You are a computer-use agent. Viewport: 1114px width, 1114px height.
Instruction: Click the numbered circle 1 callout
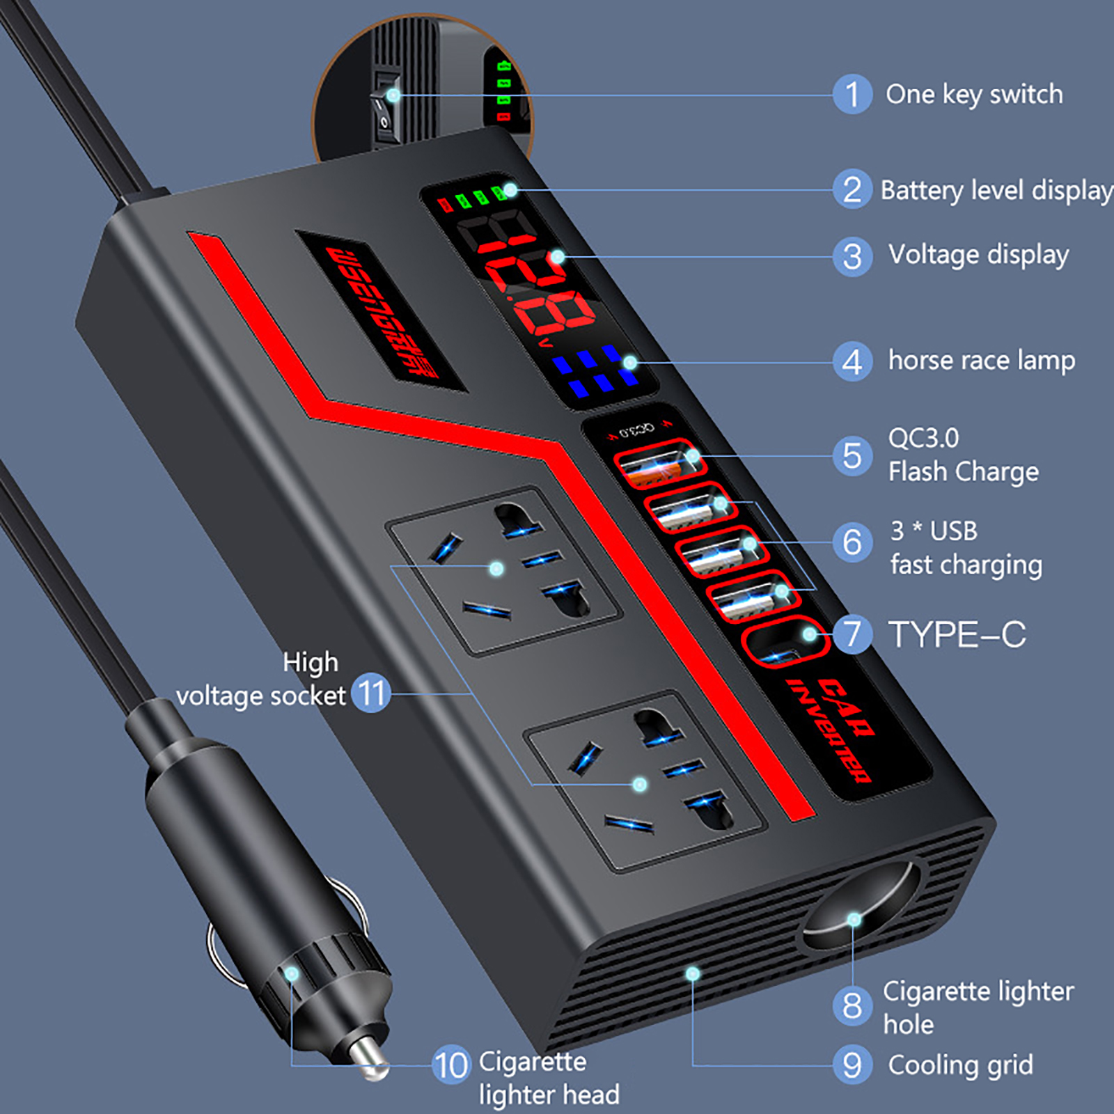852,94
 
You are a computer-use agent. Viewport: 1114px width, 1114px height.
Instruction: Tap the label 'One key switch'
973,95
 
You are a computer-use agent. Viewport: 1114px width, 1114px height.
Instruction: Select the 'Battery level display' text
996,191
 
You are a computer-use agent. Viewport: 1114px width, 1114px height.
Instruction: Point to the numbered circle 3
852,257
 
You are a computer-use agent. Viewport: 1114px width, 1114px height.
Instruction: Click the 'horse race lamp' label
981,361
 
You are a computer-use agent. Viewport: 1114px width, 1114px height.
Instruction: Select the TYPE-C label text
957,635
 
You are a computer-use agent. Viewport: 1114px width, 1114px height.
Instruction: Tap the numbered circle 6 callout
852,542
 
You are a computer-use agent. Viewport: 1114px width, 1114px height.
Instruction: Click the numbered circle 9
852,1065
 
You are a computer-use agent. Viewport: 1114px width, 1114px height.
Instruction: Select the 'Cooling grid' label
960,1065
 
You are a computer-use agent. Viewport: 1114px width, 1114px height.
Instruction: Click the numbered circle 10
451,1065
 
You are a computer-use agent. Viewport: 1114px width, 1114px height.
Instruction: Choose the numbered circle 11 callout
370,693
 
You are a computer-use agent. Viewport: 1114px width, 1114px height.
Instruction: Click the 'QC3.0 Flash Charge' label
962,455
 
